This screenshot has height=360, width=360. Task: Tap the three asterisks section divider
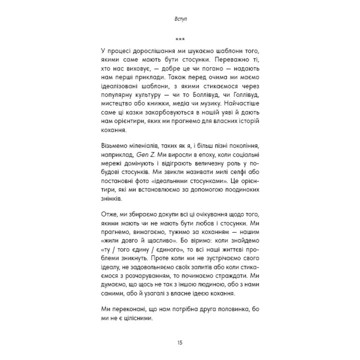coord(180,39)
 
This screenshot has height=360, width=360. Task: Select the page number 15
coord(180,342)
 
